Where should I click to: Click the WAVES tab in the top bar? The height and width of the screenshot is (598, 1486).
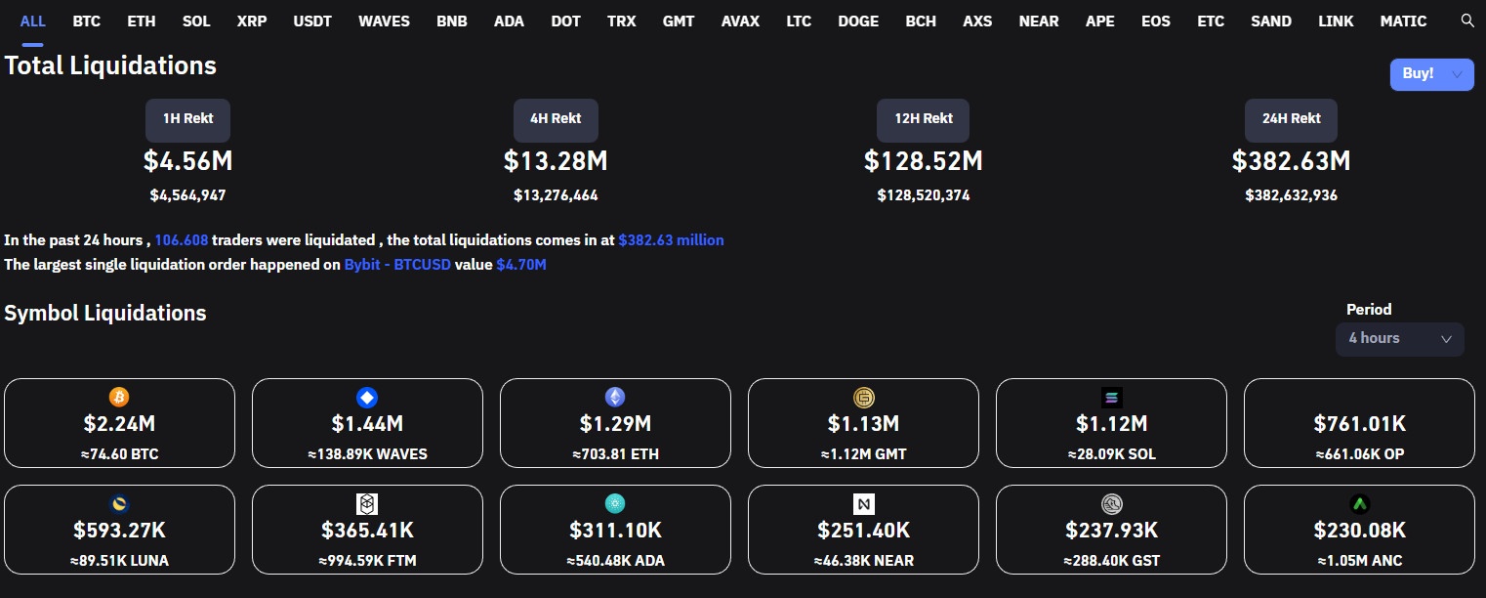[x=384, y=21]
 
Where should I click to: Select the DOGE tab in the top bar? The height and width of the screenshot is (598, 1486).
[x=857, y=21]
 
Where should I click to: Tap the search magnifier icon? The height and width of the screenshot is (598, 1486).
[x=1466, y=21]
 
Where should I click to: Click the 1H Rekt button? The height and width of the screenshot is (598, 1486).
[x=187, y=119]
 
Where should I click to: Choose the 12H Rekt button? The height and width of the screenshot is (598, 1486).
[x=923, y=119]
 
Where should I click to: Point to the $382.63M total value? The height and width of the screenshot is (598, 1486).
[x=1291, y=160]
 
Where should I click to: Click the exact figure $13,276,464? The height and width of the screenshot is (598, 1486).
[x=556, y=195]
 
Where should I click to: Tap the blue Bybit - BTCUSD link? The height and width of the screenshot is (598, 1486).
[x=397, y=264]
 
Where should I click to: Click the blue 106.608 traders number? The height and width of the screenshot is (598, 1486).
[x=180, y=240]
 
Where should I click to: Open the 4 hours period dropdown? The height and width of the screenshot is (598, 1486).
[x=1399, y=338]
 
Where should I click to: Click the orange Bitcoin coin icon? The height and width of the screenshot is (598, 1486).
[x=119, y=398]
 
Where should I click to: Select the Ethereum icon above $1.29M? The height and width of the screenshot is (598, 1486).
[x=615, y=398]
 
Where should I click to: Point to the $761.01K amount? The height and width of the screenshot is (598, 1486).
[x=1359, y=424]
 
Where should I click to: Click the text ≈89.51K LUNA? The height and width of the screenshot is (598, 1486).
[x=119, y=561]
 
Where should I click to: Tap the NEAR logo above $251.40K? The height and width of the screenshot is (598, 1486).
[x=863, y=504]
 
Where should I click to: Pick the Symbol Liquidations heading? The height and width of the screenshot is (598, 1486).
[x=105, y=314]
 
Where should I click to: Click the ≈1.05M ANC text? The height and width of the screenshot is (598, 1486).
[x=1359, y=561]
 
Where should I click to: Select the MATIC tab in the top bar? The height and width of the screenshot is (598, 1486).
[x=1403, y=21]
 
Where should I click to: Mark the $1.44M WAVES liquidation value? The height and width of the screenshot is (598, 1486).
[x=367, y=424]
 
